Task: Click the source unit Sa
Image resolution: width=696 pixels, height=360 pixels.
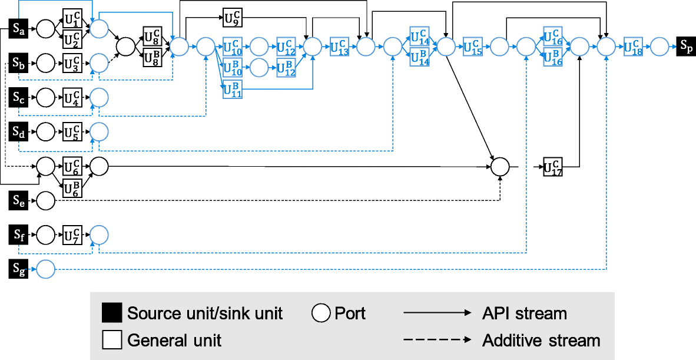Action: tap(19, 28)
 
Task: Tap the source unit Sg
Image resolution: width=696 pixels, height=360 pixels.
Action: tap(19, 269)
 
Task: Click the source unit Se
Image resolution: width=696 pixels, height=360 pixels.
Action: tap(19, 200)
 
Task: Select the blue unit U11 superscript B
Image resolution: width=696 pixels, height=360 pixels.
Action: tap(233, 90)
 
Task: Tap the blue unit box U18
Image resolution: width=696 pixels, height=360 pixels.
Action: tap(633, 46)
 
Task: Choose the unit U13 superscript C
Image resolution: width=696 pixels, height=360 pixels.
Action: tap(339, 46)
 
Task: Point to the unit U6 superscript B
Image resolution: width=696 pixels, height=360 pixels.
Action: tap(72, 188)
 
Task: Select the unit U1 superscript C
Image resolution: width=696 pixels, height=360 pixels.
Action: tap(72, 19)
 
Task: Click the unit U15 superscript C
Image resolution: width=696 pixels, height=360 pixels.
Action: tap(472, 46)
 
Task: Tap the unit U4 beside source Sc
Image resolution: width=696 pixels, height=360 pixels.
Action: tap(72, 97)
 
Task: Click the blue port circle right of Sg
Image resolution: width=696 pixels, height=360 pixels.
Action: tap(46, 269)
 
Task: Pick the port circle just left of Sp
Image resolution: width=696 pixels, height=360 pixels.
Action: tap(659, 45)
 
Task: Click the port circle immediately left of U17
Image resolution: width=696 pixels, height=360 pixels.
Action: tap(500, 167)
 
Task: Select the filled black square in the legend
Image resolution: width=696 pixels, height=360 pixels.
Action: tap(112, 313)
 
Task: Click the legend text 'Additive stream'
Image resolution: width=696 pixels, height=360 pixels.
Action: tap(541, 340)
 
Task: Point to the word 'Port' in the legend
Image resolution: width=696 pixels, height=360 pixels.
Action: tap(350, 313)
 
